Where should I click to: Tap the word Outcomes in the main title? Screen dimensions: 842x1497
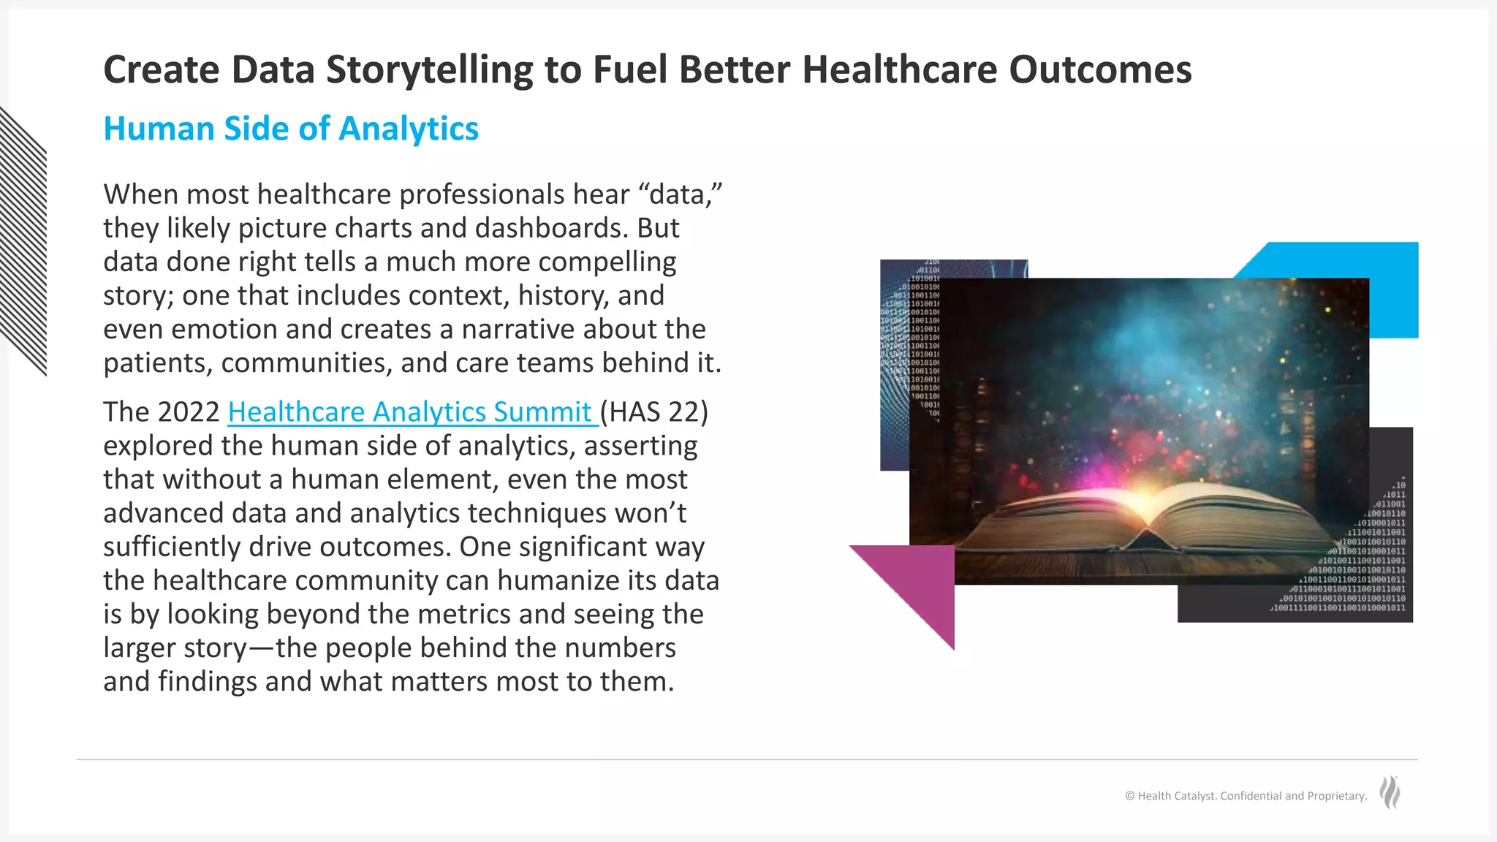(1100, 70)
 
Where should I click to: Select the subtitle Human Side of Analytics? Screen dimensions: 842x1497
(291, 129)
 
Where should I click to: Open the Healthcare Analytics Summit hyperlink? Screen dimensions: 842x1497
(409, 412)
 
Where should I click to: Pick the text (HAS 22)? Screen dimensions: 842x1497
(654, 412)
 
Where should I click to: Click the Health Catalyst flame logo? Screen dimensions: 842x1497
(1390, 793)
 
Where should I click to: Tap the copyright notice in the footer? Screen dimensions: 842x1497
(1246, 796)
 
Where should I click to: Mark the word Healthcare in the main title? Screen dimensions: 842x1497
(900, 70)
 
